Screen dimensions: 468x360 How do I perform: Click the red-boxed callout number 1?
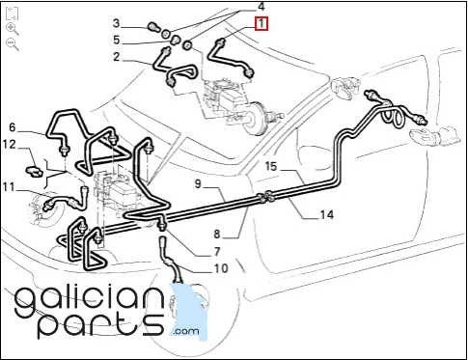point(262,24)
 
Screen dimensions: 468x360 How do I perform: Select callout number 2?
point(116,57)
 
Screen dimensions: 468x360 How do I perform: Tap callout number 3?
point(116,23)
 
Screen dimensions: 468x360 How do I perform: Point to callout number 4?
point(262,7)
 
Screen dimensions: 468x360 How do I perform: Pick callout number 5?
point(116,41)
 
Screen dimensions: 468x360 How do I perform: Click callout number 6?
point(13,127)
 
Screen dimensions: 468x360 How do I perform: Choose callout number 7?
point(217,252)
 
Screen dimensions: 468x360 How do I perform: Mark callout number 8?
point(217,235)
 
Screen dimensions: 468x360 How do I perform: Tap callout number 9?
point(198,184)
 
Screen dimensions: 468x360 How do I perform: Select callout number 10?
point(221,268)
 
